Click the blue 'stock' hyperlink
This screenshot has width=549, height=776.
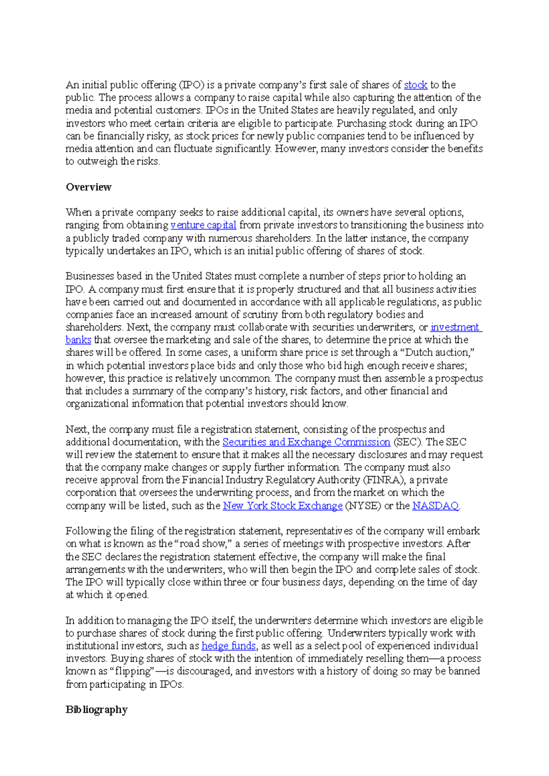(415, 85)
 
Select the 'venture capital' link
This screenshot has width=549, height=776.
(203, 225)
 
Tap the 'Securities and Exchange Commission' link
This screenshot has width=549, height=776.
(306, 442)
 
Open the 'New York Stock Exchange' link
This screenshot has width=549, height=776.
(282, 505)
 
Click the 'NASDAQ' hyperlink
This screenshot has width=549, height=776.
(435, 505)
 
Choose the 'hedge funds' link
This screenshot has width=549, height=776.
(228, 646)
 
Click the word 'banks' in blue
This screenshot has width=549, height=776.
(78, 340)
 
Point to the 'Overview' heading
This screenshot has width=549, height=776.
(88, 187)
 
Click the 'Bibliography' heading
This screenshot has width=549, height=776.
(96, 710)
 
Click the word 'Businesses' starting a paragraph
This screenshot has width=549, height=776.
(90, 276)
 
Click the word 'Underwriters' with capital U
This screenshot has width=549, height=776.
(356, 633)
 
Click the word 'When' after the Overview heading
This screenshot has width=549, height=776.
(79, 213)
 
